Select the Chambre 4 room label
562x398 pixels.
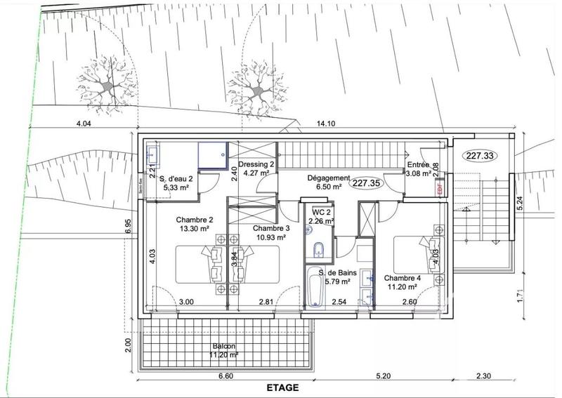[x=403, y=277]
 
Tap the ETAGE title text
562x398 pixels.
[x=282, y=387]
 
